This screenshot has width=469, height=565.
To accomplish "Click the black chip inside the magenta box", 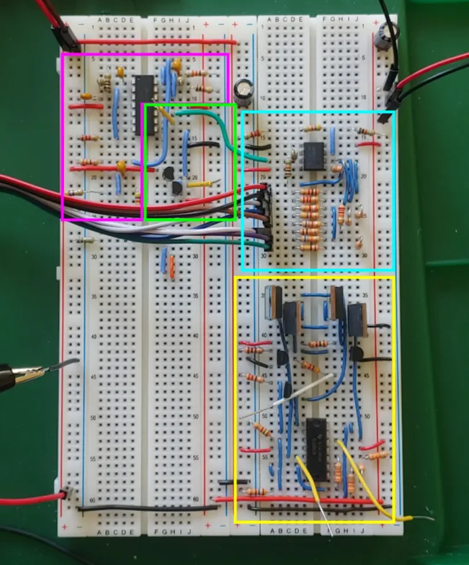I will click(x=143, y=104).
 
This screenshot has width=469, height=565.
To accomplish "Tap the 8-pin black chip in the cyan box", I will click(x=313, y=155).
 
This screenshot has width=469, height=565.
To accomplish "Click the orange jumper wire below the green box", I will click(x=173, y=267).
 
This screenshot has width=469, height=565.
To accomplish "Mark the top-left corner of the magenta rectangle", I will click(x=63, y=53).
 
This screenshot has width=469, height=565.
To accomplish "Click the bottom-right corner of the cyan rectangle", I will click(x=394, y=270).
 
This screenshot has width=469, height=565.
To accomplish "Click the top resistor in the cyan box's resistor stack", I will click(x=309, y=191).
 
